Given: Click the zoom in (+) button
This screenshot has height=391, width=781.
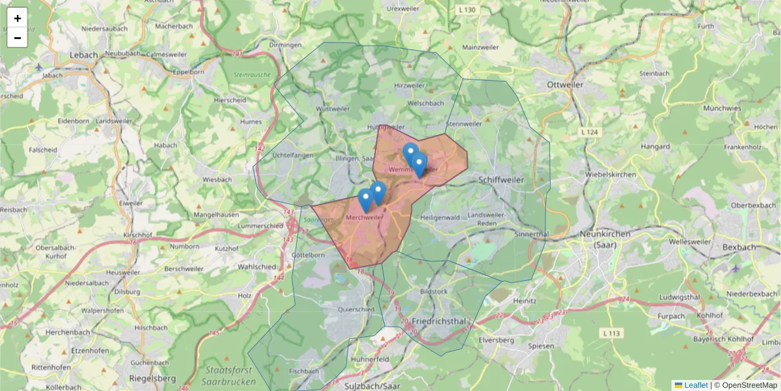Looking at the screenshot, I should coord(18,18).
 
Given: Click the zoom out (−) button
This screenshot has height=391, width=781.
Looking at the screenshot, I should coord(18,38).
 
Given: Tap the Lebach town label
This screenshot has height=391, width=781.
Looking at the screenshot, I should coord(83,55).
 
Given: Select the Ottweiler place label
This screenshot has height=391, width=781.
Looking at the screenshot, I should coord(566,85).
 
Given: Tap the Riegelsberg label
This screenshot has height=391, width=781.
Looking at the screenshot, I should coord(152,378).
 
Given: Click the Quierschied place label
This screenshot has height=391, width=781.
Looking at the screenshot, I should coord(357,310).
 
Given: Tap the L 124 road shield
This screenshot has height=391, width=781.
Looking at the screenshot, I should coord(590,132).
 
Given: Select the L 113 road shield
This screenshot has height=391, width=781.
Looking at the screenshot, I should coord(612,333).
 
